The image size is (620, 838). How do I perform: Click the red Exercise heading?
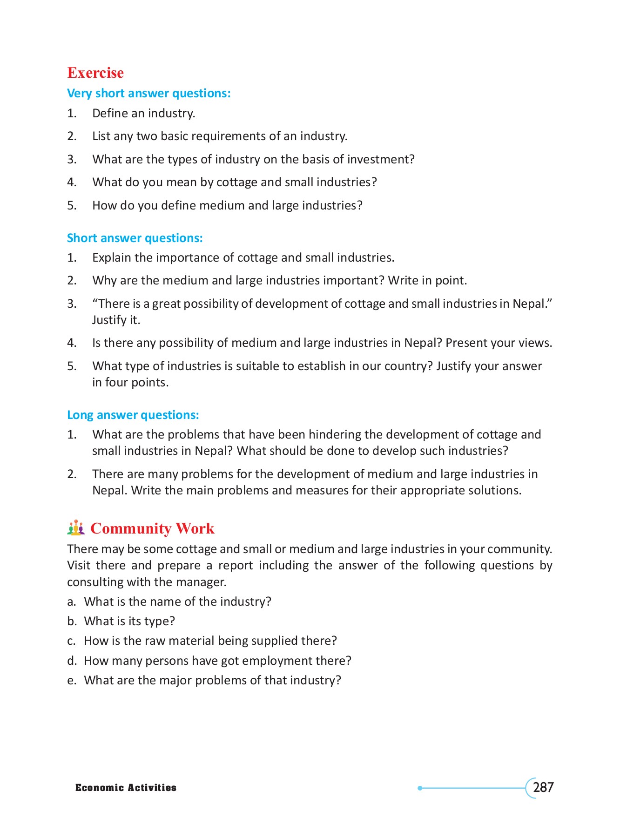95,73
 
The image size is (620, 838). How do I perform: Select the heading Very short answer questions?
148,93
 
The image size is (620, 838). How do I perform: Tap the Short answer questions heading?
135,238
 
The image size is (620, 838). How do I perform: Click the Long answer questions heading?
133,415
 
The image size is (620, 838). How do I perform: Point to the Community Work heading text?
152,528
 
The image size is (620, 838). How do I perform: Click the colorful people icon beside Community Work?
76,528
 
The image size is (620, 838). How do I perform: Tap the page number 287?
543,787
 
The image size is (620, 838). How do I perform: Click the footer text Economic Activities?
126,788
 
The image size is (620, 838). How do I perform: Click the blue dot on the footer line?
420,788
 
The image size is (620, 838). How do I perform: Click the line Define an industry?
143,113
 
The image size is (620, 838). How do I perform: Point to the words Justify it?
116,320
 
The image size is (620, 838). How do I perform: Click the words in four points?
130,382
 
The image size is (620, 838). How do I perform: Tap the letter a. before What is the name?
71,601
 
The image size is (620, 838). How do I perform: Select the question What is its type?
129,621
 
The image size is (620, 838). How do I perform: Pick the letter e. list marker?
71,680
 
